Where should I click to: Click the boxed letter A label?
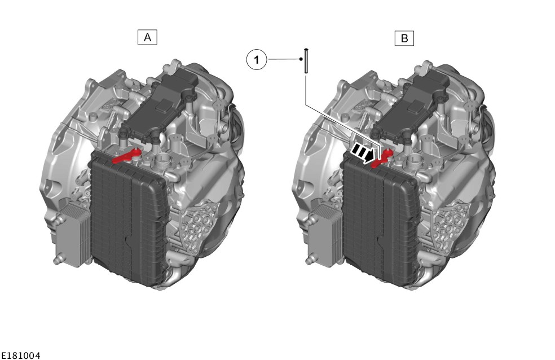147,37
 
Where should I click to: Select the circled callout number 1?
257,59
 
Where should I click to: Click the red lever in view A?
127,156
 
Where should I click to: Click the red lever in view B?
381,157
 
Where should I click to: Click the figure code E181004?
20,355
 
